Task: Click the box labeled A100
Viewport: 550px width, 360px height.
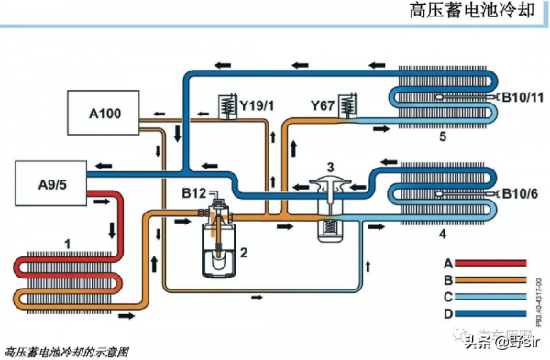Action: point(104,113)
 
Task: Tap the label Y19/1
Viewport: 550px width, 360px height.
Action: point(257,105)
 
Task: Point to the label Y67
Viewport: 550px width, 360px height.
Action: point(322,105)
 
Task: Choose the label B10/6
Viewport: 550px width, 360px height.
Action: point(522,193)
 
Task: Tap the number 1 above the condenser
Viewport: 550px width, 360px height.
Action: point(67,243)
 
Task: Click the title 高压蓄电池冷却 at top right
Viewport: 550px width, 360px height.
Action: point(472,12)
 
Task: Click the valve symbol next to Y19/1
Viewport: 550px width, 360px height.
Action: point(223,106)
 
